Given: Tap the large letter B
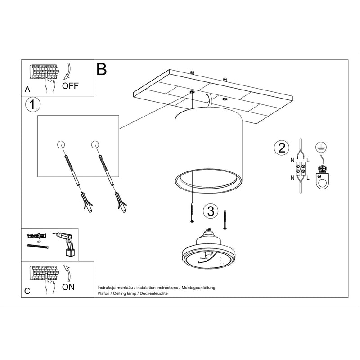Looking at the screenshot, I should click(x=102, y=69).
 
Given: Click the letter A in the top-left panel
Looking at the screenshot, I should click(x=27, y=90).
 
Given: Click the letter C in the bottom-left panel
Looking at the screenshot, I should click(x=27, y=291).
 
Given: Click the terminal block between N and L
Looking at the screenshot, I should click(x=300, y=170).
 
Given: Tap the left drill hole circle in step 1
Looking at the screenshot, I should click(x=62, y=144).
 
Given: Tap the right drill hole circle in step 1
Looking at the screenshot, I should click(x=94, y=144).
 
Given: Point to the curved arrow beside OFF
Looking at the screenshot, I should click(x=67, y=72).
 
